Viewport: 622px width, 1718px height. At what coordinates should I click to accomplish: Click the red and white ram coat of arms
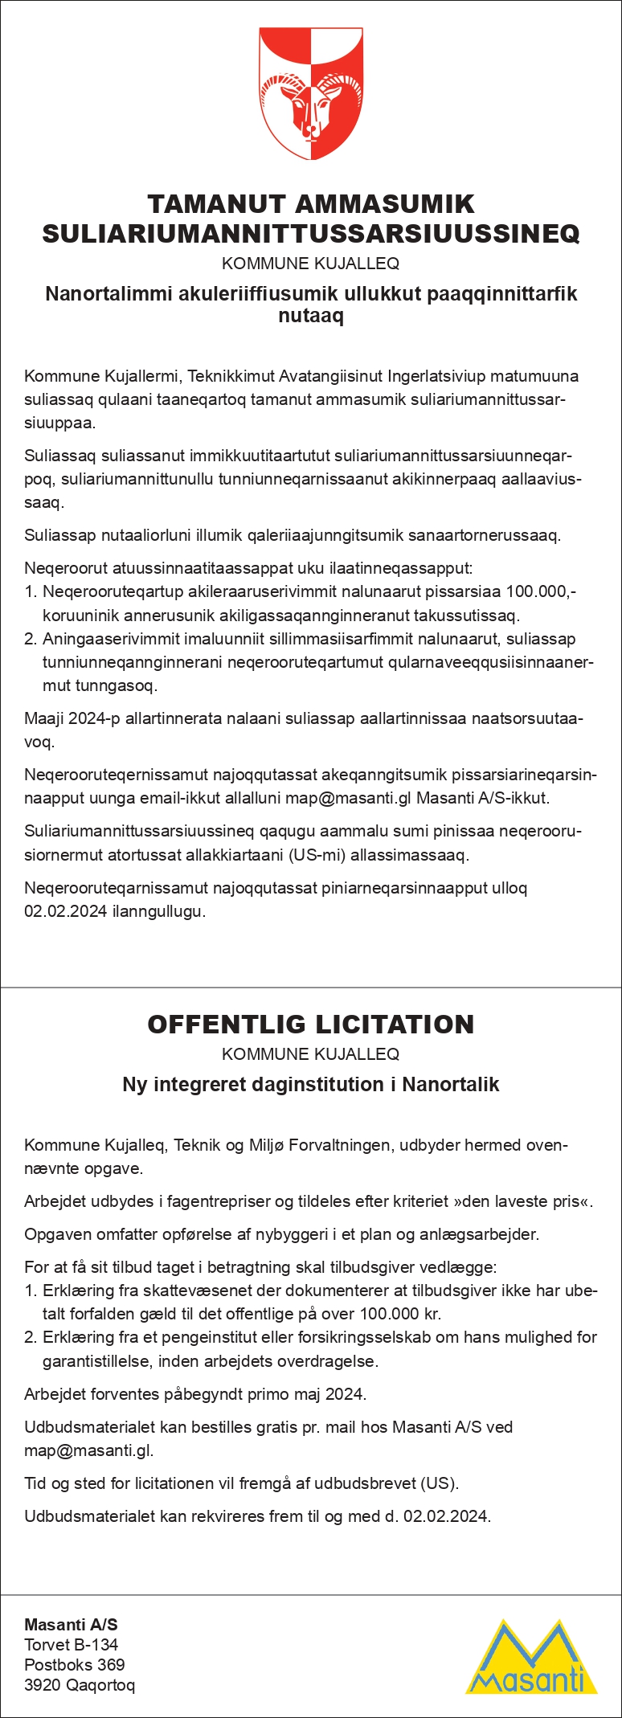click(x=311, y=93)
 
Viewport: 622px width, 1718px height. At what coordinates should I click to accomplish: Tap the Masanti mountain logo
click(x=532, y=1657)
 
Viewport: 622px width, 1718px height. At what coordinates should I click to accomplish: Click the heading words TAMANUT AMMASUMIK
click(x=311, y=203)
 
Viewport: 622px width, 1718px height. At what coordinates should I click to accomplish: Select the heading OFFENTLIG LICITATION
click(x=311, y=1024)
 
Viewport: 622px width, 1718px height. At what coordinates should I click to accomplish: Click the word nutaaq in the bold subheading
click(x=311, y=316)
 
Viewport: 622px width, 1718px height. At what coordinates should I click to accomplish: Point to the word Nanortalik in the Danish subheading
click(x=451, y=1084)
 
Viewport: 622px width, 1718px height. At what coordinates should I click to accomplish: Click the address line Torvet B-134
click(x=72, y=1644)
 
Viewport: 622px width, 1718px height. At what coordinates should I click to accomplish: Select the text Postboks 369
click(x=75, y=1664)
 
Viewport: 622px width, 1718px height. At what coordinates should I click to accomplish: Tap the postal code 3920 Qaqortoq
click(x=80, y=1684)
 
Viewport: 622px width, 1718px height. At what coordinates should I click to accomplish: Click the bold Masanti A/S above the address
click(x=71, y=1624)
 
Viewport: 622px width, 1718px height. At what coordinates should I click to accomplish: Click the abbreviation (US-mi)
click(x=317, y=854)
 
